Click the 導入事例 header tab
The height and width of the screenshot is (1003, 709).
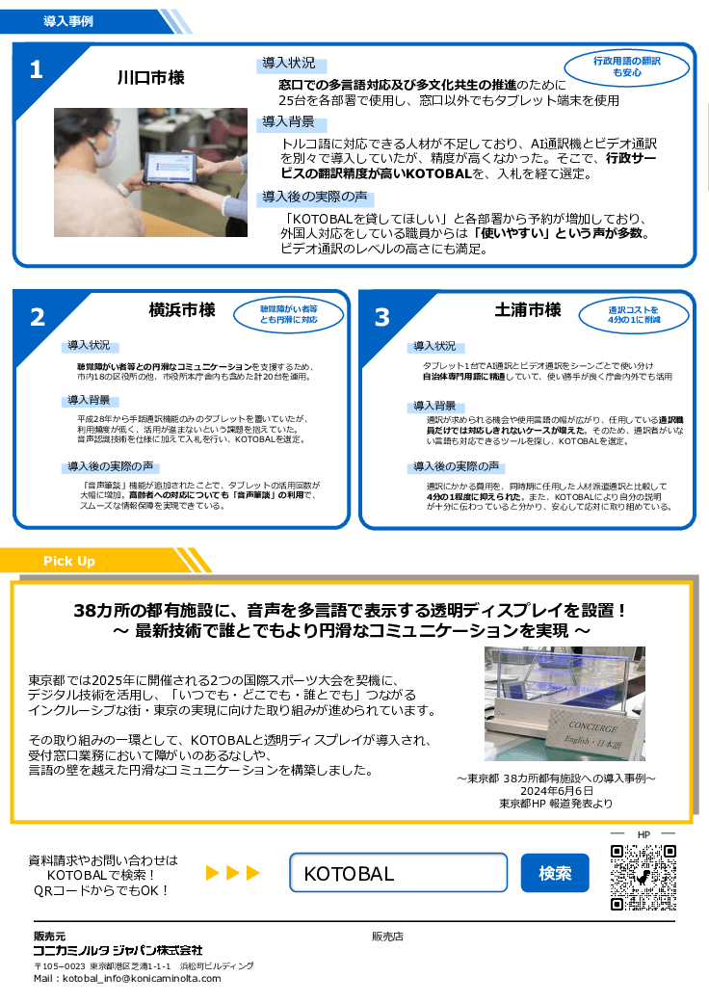coord(68,21)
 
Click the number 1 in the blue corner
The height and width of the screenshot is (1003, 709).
coord(36,69)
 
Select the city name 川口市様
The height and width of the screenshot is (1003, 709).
coord(151,77)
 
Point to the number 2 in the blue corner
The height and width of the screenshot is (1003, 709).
coord(37,317)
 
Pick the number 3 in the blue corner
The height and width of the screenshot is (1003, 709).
coord(382,317)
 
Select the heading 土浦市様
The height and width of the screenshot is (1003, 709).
coord(528,310)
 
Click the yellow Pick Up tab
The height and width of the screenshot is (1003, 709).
coord(69,561)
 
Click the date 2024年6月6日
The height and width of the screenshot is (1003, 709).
coord(557,790)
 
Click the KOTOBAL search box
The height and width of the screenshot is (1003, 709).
coord(399,874)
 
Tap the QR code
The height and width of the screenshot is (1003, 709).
coord(643,878)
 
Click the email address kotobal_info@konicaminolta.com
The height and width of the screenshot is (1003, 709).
coord(127,978)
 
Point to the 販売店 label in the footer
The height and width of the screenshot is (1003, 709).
coord(387,936)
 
